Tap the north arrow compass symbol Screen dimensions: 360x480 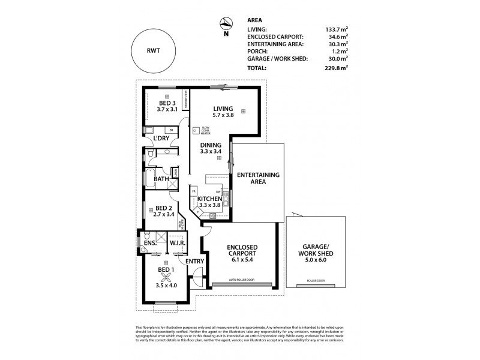pyautogui.click(x=226, y=24)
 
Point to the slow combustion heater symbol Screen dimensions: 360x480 pyautogui.click(x=196, y=129)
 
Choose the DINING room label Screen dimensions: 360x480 pyautogui.click(x=211, y=145)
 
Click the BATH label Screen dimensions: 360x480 pyautogui.click(x=161, y=179)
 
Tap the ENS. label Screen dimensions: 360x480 pyautogui.click(x=149, y=243)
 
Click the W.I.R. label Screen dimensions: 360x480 pyautogui.click(x=176, y=243)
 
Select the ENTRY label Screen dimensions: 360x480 pyautogui.click(x=194, y=262)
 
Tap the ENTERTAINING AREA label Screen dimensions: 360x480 pyautogui.click(x=258, y=178)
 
